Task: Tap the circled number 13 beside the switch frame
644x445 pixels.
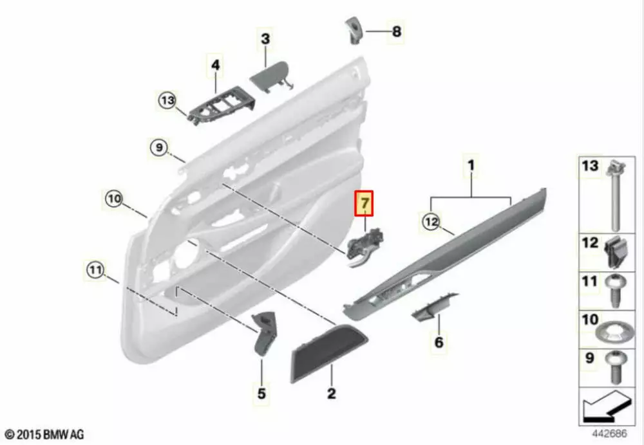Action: point(167,100)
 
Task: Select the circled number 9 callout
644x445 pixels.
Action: point(159,147)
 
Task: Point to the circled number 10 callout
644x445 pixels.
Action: point(114,199)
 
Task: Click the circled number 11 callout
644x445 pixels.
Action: point(95,270)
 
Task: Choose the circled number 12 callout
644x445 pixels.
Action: point(431,222)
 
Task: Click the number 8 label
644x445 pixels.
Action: point(396,31)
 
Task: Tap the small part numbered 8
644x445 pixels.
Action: point(353,30)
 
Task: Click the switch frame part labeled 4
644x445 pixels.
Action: point(221,106)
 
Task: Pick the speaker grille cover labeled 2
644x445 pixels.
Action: point(328,352)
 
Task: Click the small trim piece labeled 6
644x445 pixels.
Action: point(434,307)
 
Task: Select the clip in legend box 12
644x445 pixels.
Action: point(618,253)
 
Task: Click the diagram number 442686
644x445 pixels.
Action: point(609,433)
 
